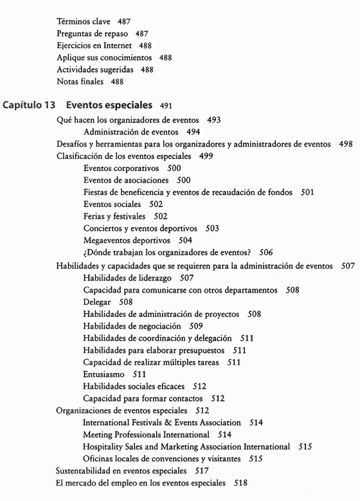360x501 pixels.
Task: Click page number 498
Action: [345, 144]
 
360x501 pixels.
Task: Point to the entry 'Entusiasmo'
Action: [104, 374]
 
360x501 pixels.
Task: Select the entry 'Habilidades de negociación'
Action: [132, 326]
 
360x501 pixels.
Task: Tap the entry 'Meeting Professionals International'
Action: [146, 434]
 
